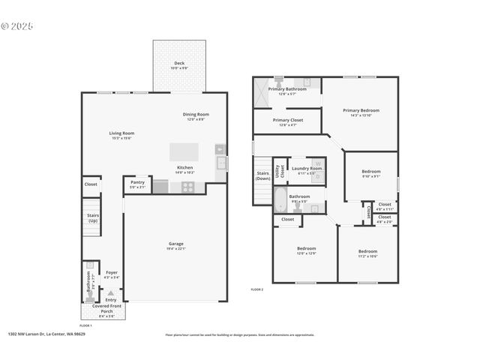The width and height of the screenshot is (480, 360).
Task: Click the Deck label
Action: (179, 63)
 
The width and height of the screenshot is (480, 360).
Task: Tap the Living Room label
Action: (121, 133)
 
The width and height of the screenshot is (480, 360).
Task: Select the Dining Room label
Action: (196, 115)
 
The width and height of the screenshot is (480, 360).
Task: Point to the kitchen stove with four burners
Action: (187, 187)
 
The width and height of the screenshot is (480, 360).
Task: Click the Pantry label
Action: (137, 181)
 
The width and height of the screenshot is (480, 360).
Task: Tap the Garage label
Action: (176, 244)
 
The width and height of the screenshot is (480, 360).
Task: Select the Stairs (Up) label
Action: (92, 217)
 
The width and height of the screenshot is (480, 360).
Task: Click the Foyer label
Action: (111, 272)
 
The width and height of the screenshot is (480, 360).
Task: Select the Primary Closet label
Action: (287, 120)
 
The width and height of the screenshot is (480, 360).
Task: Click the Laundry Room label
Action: (306, 169)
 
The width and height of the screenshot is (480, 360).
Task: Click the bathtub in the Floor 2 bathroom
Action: (279, 199)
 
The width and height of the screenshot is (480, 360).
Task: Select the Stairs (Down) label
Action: (262, 175)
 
